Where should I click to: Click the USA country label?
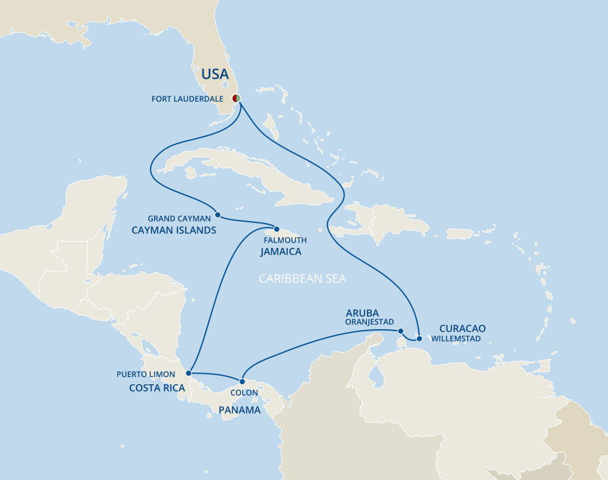[x=215, y=75]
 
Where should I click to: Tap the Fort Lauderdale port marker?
[x=237, y=98]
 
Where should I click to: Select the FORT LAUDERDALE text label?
[x=187, y=99]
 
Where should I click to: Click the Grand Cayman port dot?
[x=218, y=215]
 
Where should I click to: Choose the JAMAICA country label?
[x=280, y=252]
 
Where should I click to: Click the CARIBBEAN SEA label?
[x=302, y=279]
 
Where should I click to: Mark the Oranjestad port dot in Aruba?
[x=400, y=331]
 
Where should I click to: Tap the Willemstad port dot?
[x=419, y=339]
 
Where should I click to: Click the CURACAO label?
[x=462, y=328]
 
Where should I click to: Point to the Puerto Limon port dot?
[x=189, y=373]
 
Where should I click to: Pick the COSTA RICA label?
[x=157, y=388]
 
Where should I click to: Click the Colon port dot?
[x=242, y=381]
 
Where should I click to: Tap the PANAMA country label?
[x=240, y=410]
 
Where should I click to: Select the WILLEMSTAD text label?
[x=456, y=339]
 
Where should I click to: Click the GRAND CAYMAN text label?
[x=179, y=218]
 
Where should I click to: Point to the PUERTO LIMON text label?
[x=146, y=374]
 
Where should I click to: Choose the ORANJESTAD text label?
[x=370, y=322]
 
